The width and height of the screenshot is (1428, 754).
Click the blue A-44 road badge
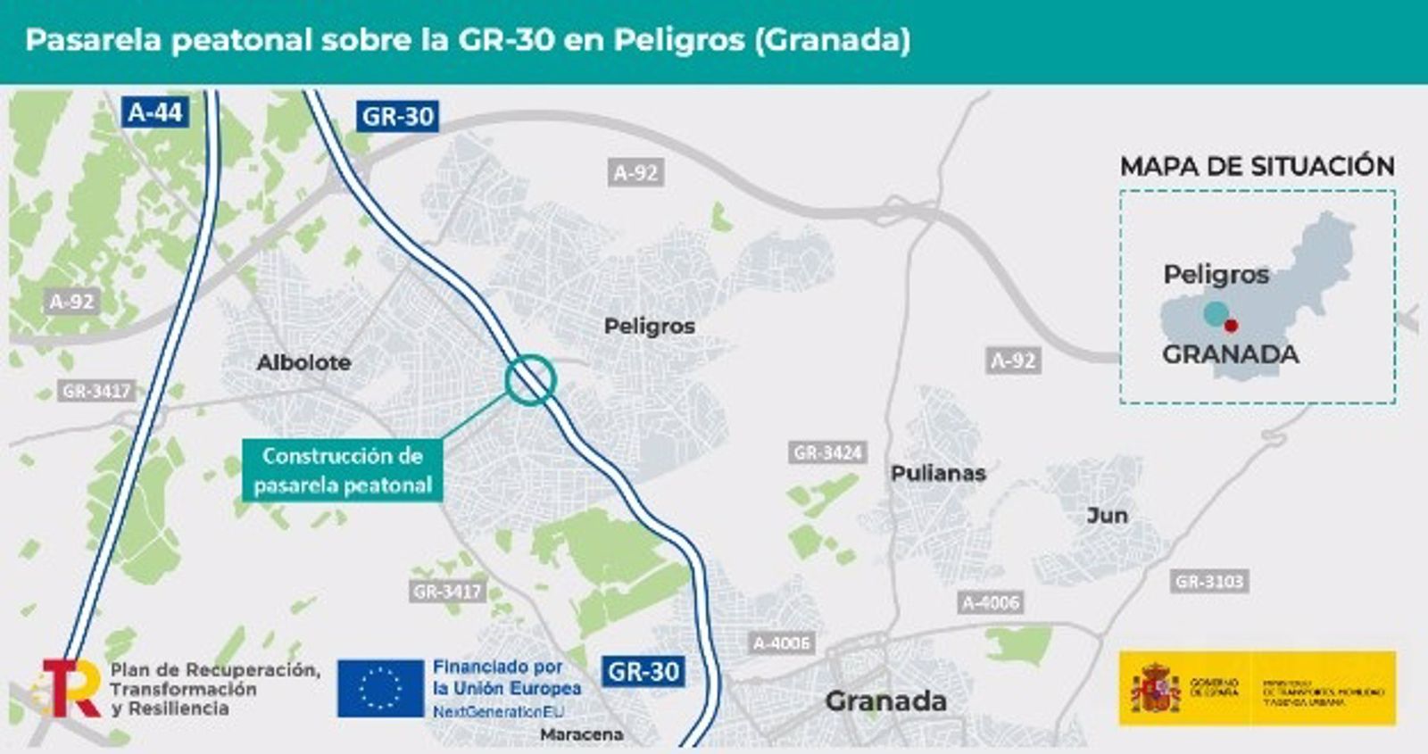155,112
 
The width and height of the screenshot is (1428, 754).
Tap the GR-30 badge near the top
397,116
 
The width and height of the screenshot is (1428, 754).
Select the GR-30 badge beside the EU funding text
643,671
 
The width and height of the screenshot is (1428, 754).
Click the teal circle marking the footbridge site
531,380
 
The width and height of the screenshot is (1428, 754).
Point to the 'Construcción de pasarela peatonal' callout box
343,470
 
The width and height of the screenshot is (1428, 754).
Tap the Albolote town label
303,362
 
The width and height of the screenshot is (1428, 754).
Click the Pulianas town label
938,473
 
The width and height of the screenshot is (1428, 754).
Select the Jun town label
1107,515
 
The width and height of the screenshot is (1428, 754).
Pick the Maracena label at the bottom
582,734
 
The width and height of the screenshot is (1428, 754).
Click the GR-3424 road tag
827,452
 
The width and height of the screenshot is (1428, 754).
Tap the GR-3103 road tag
1209,582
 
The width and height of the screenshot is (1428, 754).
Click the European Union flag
380,688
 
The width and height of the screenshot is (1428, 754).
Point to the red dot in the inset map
1231,326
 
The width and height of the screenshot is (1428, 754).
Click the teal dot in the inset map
1216,313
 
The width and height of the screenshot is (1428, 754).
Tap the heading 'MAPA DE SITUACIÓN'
1257,166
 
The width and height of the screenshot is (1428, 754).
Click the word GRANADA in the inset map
1230,354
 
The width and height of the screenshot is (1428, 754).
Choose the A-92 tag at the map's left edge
71,302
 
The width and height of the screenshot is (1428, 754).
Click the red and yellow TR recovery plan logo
71,688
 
